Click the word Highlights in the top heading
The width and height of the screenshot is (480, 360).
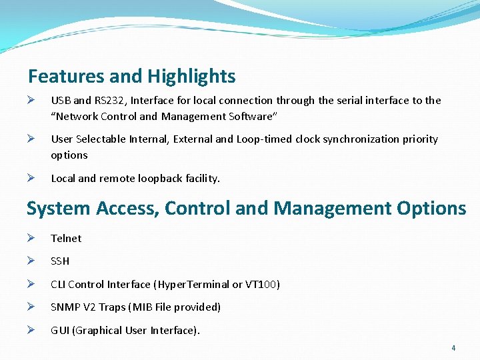coord(191,77)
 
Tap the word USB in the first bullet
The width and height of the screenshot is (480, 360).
coord(61,101)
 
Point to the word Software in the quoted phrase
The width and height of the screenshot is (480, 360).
coord(251,117)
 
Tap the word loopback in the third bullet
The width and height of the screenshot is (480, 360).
coord(159,178)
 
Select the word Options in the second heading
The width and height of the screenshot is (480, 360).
coord(431,209)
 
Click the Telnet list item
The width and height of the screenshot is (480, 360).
coord(66,238)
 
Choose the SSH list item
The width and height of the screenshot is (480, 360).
coord(60,261)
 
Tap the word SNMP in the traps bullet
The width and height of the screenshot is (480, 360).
coord(64,307)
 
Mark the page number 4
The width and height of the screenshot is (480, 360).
coord(453,348)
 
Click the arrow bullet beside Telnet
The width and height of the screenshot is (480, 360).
coord(31,238)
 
